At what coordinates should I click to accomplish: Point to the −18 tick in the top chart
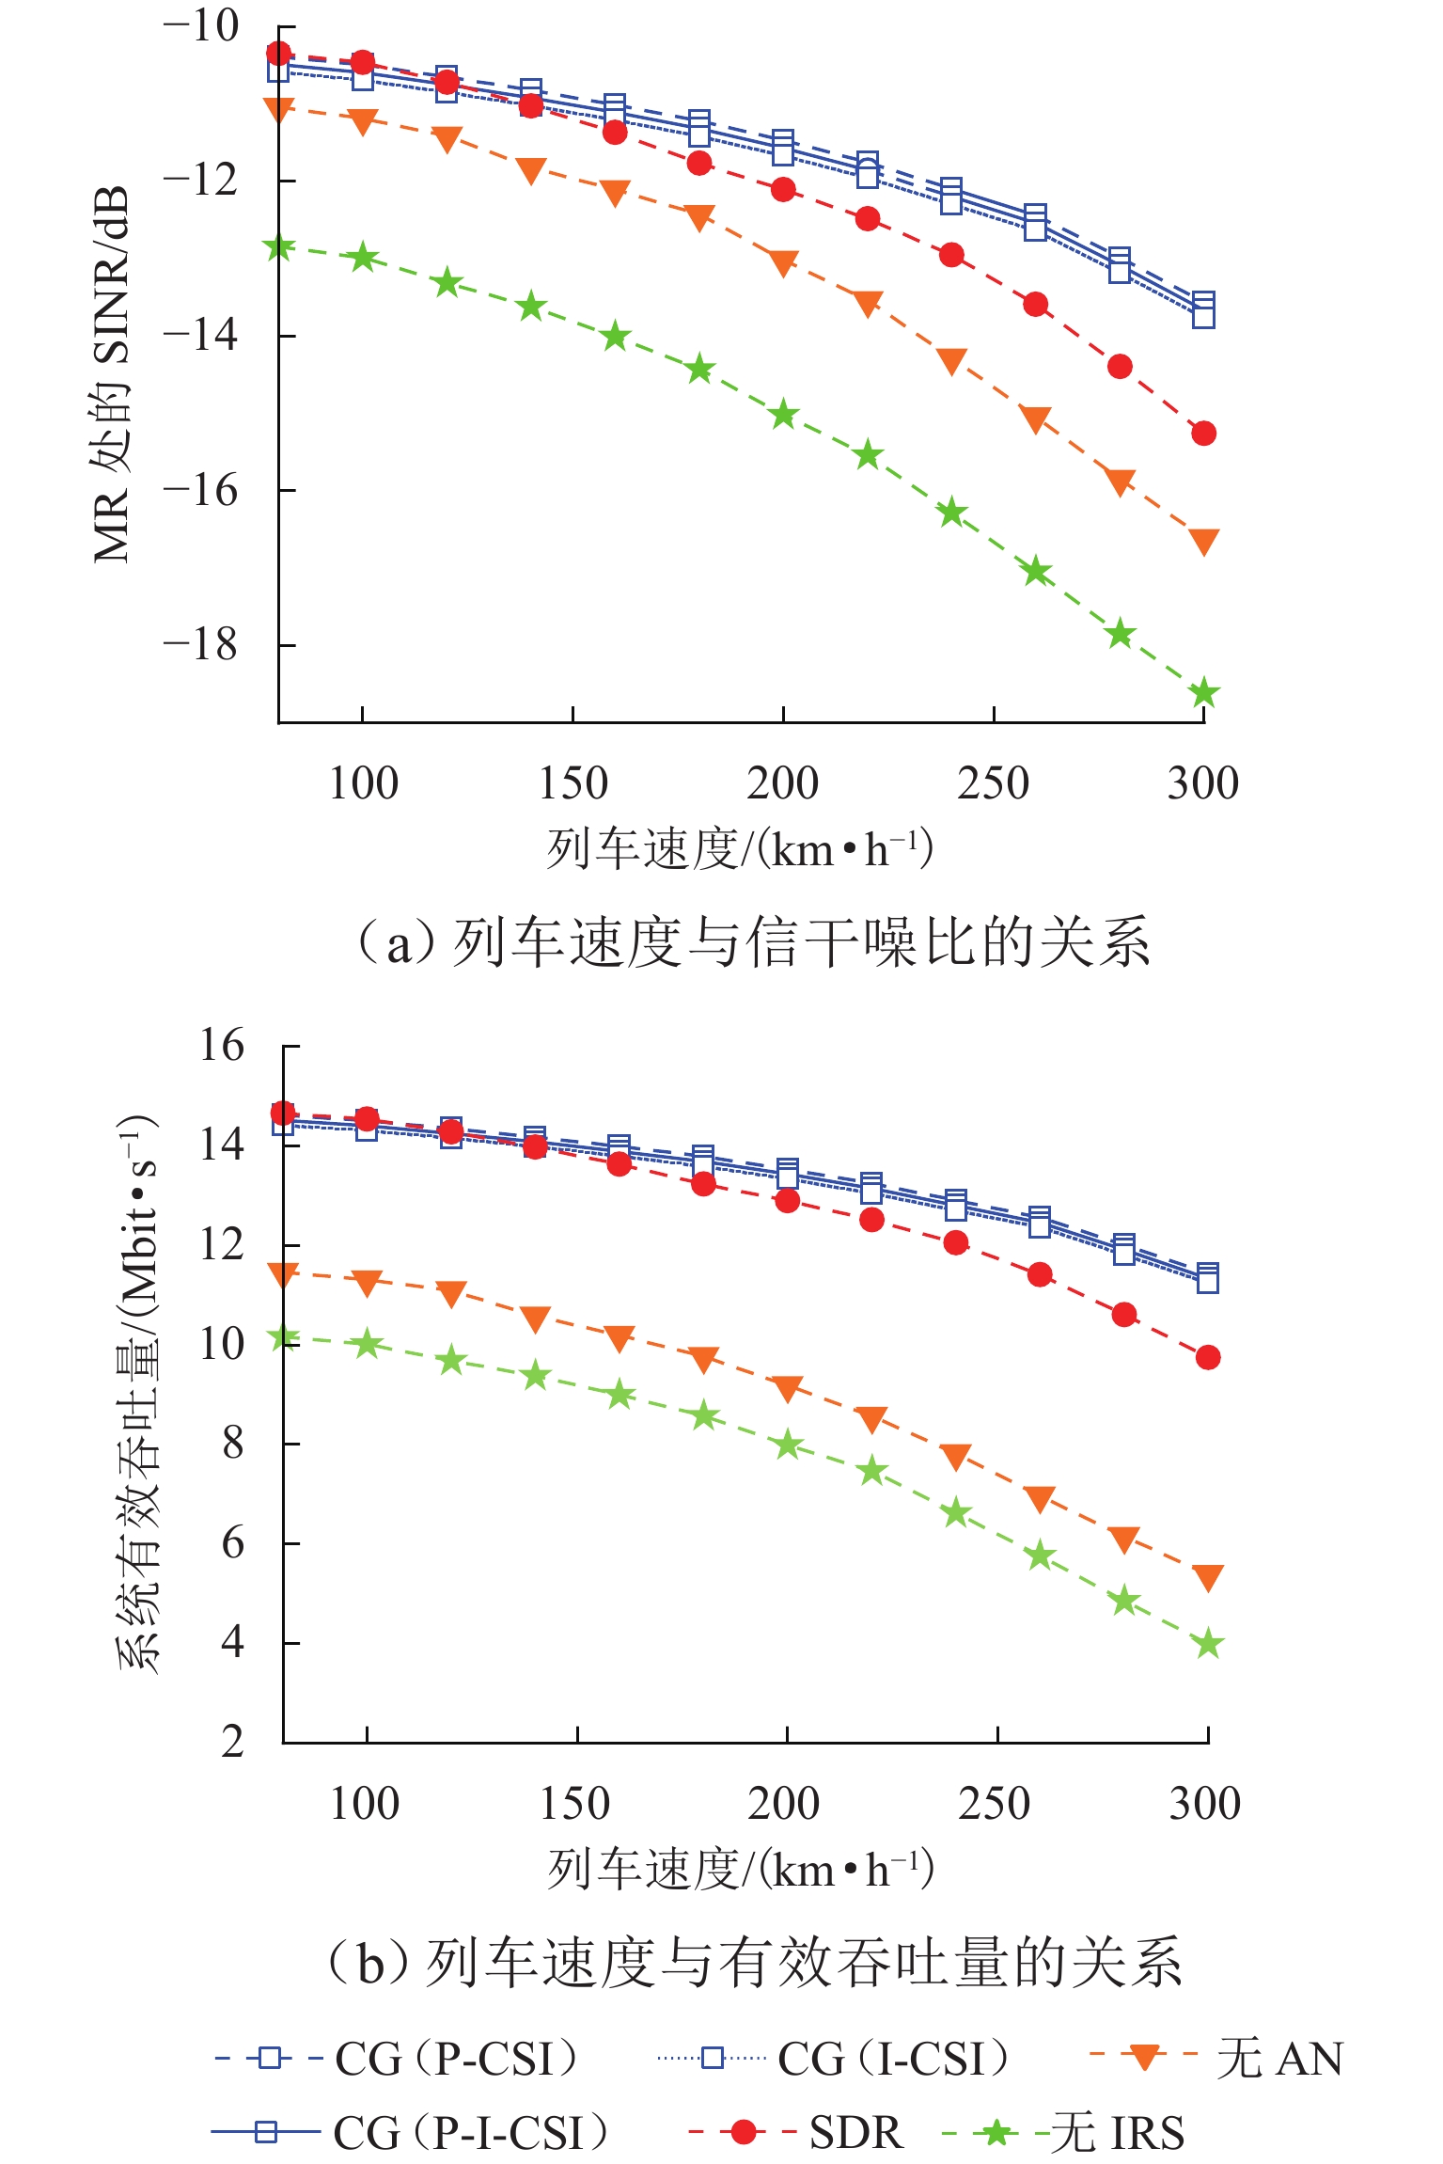200,644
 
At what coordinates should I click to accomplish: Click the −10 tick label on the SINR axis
200,25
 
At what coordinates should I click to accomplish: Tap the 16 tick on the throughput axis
222,1045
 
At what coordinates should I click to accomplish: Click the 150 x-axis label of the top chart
572,783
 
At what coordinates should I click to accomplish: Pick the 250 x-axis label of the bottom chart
995,1803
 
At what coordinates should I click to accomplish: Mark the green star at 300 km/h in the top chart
1204,694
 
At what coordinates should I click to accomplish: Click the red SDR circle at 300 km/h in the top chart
1204,434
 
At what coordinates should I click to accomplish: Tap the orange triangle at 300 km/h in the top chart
1204,541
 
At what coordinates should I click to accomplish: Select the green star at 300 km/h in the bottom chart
1208,1645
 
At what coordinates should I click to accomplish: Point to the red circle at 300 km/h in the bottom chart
1208,1357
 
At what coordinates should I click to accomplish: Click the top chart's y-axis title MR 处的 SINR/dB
111,374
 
